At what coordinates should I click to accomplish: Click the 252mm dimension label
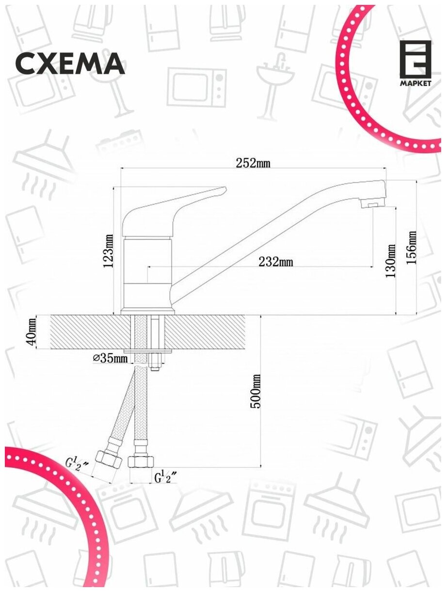[253, 164]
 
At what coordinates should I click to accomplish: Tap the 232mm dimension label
[275, 262]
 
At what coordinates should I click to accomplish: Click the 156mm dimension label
[412, 247]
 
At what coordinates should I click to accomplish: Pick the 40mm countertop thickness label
[32, 332]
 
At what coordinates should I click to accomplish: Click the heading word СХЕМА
[70, 64]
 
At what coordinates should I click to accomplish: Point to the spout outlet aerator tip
[375, 206]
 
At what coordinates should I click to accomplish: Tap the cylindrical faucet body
[148, 272]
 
